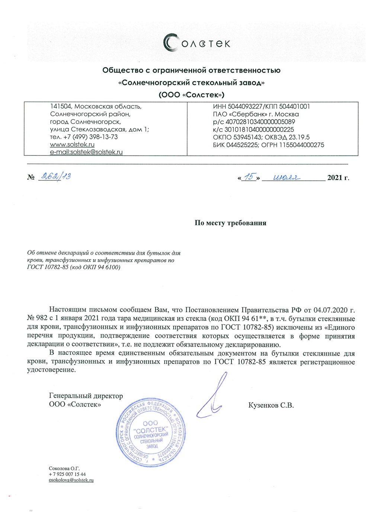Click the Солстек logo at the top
[197, 43]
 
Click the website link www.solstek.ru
[72, 144]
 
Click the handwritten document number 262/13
[55, 176]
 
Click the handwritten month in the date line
[286, 178]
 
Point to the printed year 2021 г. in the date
[338, 178]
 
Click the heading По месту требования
[230, 223]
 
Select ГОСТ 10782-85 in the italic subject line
[48, 267]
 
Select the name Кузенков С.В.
[271, 405]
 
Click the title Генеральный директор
[86, 396]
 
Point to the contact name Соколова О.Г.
[64, 468]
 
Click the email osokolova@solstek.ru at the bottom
[71, 480]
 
